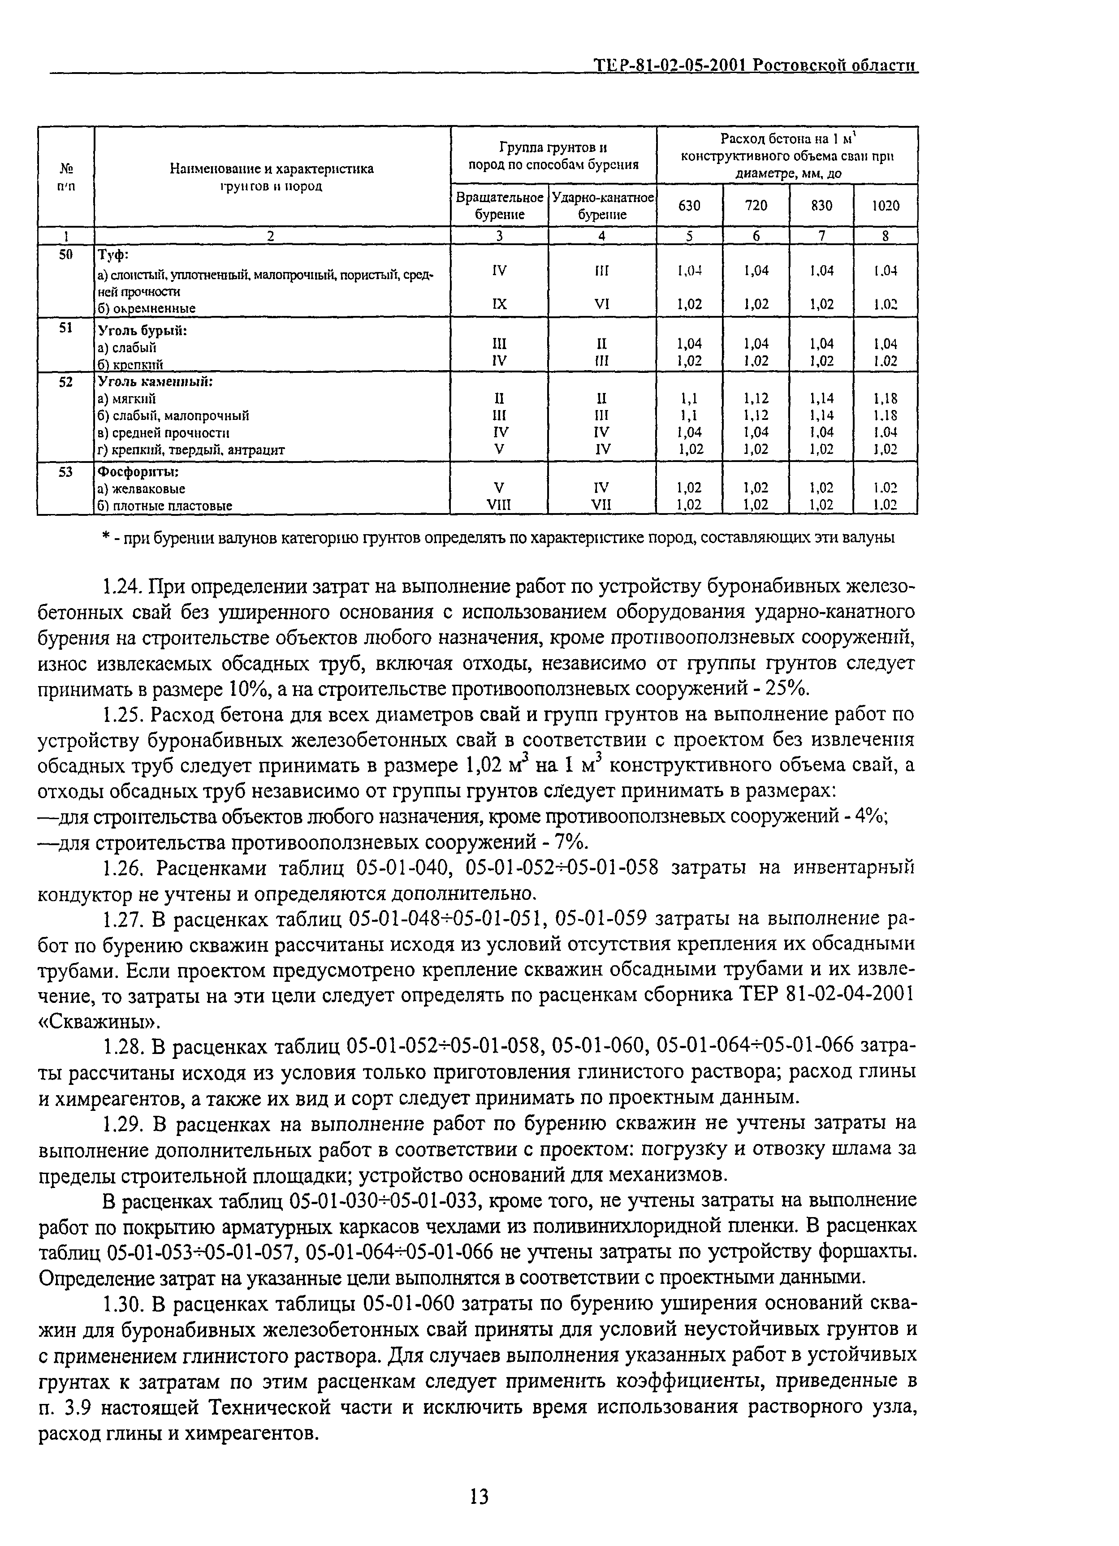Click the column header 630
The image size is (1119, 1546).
689,205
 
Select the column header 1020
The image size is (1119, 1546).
885,205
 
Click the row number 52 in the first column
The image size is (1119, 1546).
65,382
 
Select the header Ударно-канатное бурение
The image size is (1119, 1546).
602,205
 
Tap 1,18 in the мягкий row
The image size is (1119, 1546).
885,398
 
